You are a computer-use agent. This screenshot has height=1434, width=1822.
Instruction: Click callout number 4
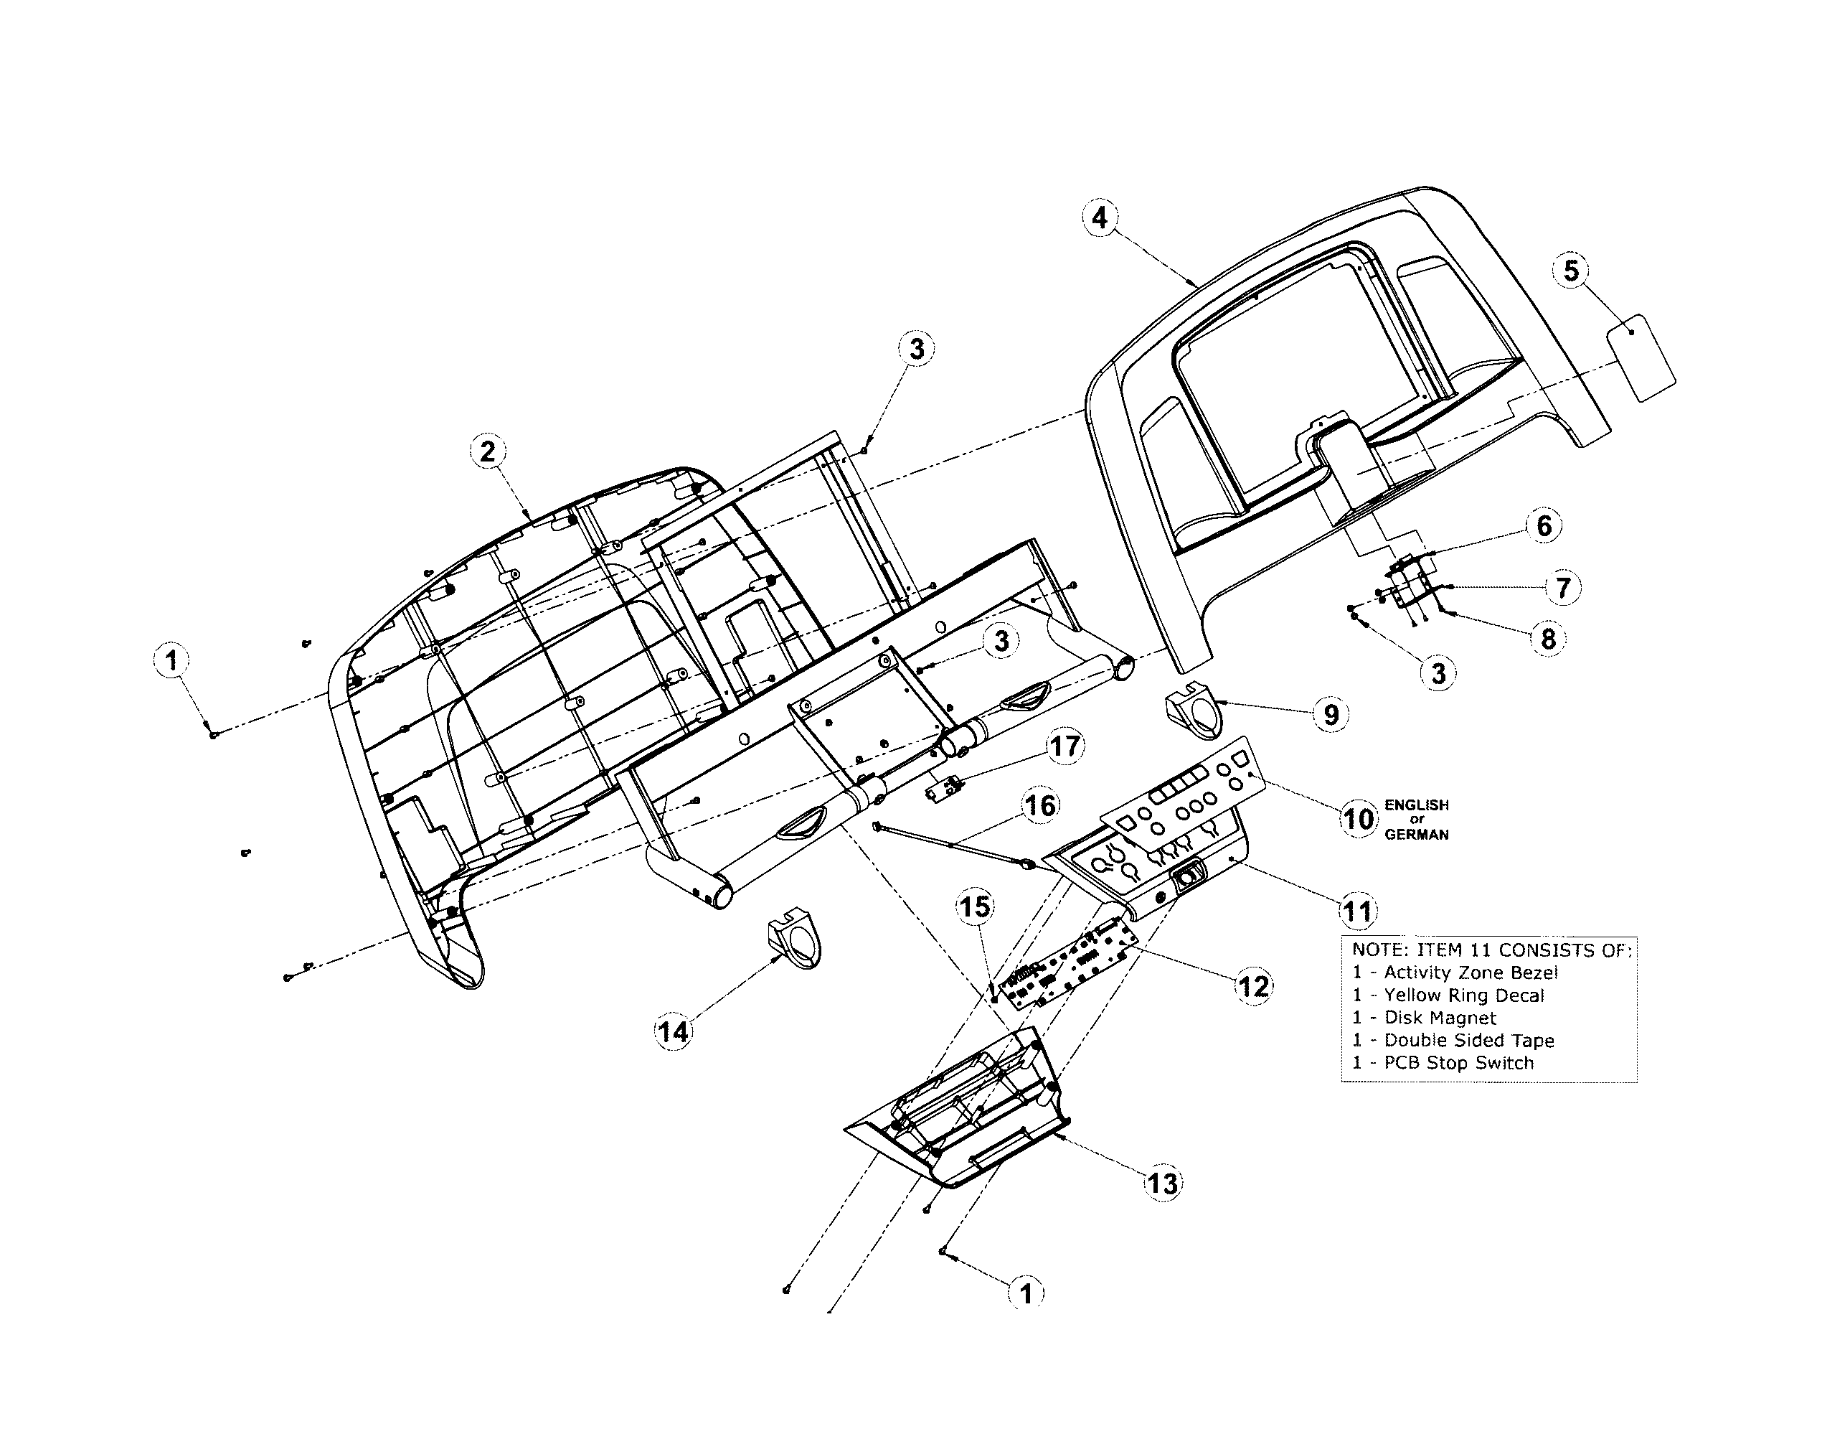1100,218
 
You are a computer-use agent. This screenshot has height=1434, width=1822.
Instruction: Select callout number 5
1571,271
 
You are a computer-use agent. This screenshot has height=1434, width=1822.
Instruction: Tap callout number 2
488,451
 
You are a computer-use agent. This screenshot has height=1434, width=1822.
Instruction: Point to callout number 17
1065,746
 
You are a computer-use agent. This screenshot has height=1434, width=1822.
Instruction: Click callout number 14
673,1031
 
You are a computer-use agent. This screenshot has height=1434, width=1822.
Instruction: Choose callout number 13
1162,1183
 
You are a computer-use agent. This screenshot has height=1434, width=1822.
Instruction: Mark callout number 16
1040,806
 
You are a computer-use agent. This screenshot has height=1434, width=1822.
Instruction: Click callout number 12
1253,985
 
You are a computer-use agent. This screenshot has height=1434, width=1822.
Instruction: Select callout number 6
1544,525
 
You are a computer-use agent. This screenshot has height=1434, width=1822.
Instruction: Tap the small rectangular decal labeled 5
1641,359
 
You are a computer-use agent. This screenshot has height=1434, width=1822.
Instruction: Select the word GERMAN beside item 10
1417,835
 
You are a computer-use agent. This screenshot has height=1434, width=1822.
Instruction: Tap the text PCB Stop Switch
1458,1063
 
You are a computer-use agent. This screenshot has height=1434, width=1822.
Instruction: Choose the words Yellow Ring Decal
1463,995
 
